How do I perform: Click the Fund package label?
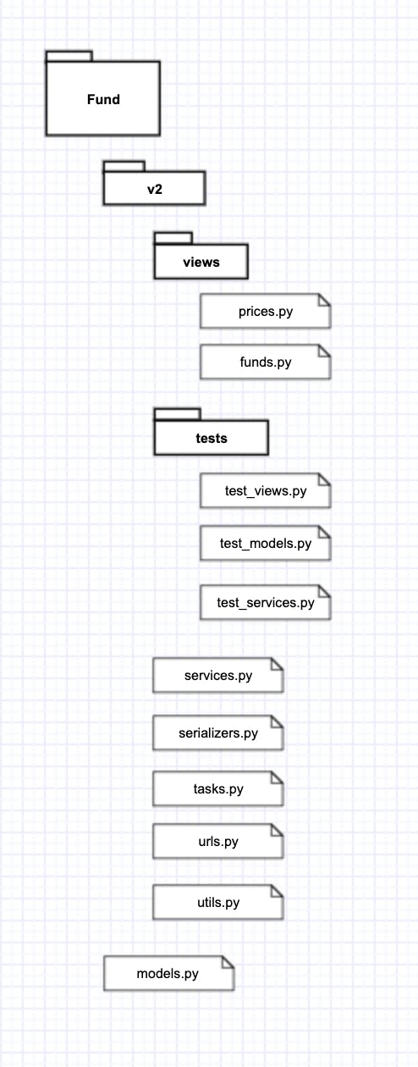coord(103,100)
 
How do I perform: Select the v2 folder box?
coord(154,189)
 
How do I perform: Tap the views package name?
coord(201,262)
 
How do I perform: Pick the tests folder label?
coord(212,439)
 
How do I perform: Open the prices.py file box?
coord(265,311)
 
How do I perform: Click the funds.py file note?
coord(265,362)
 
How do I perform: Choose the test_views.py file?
coord(265,490)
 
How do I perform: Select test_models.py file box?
coord(265,543)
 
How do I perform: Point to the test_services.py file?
coord(265,603)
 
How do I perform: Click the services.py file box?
coord(218,676)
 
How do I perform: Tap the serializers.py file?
coord(218,733)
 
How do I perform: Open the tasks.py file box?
coord(218,789)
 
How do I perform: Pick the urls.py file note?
coord(218,842)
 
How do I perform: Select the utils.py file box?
coord(218,902)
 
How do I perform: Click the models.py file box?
coord(169,973)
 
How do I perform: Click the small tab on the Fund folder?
coord(69,56)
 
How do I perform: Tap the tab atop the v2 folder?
coord(124,166)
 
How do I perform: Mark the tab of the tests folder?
coord(177,414)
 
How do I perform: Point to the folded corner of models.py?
coord(228,962)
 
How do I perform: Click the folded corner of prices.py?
coord(325,300)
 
